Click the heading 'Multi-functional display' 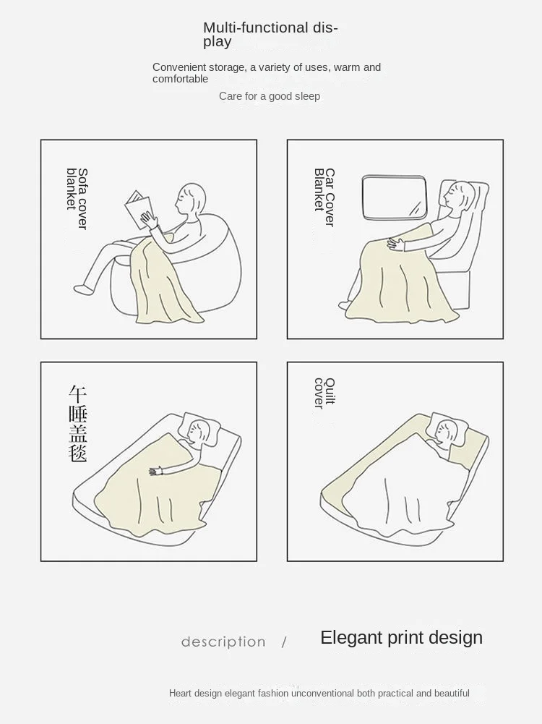tap(270, 35)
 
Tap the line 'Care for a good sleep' tap(270, 96)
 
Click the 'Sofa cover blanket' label tap(77, 199)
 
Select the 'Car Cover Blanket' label tap(324, 197)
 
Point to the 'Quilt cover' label tap(324, 393)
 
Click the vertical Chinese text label tap(77, 423)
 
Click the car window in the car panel tap(395, 197)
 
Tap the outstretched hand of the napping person tap(156, 472)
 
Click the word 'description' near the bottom tap(223, 642)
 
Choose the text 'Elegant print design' tap(401, 638)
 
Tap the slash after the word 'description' tap(284, 642)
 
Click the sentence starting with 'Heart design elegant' tap(319, 693)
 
